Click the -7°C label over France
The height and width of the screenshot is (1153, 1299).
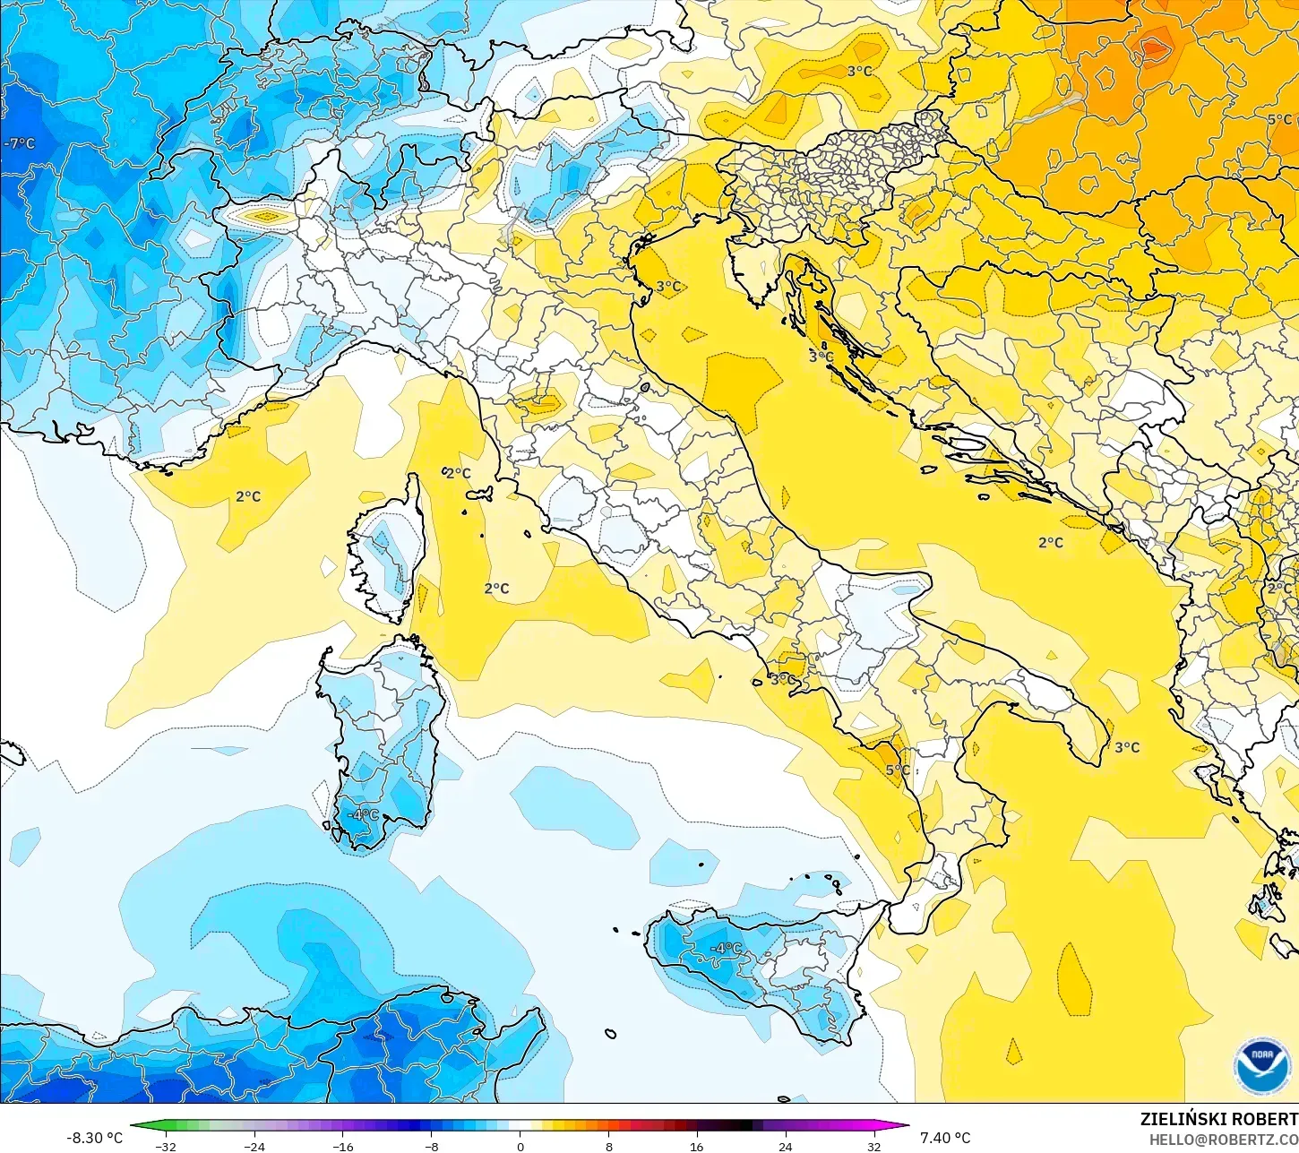20,143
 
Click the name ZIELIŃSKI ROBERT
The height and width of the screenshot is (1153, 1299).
1218,1119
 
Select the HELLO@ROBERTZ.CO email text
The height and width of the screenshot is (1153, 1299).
1224,1139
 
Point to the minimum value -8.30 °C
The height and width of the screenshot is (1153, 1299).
94,1138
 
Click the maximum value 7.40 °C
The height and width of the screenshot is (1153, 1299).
945,1138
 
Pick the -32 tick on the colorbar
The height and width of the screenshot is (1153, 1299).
165,1146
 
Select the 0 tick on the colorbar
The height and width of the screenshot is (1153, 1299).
520,1146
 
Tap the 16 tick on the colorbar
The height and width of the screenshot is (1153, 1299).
696,1146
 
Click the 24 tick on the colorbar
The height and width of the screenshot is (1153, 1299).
785,1146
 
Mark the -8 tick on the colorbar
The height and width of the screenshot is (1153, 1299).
431,1146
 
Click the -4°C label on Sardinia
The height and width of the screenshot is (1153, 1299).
365,815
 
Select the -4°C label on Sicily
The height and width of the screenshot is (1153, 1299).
726,948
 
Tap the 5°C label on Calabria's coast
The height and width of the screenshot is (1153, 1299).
898,770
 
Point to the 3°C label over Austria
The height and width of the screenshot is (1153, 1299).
859,71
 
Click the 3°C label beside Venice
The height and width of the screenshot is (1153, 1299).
668,287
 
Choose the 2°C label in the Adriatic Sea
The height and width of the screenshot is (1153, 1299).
1051,543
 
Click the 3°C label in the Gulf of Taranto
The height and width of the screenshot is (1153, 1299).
1127,747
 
